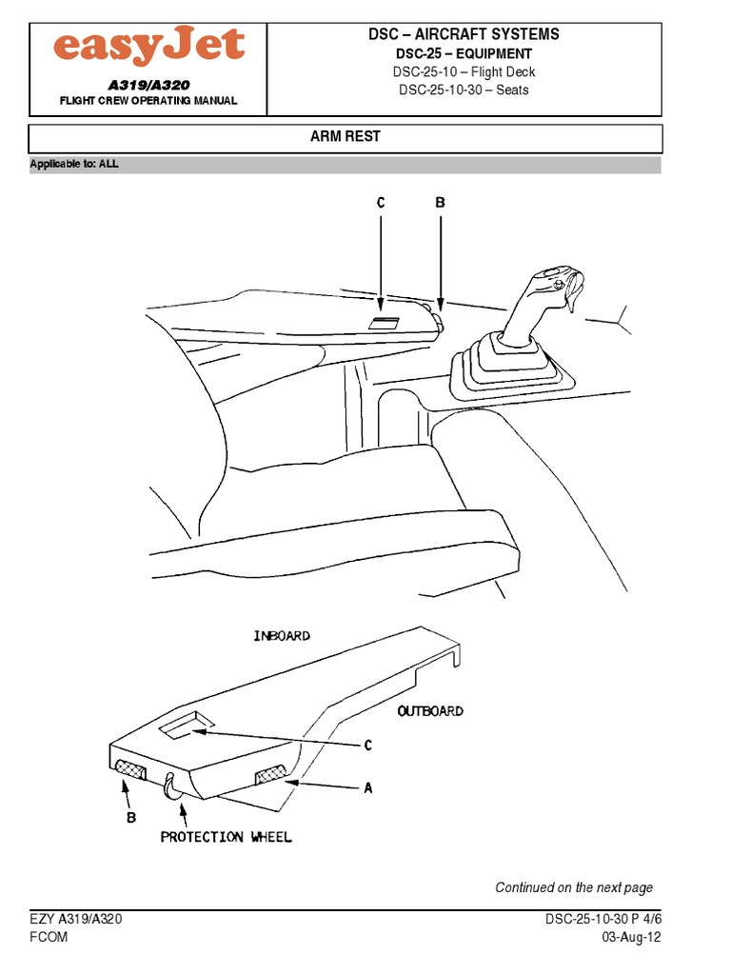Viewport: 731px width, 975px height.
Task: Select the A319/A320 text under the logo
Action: [x=148, y=86]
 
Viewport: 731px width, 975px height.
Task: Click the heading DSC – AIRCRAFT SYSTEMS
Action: [x=464, y=34]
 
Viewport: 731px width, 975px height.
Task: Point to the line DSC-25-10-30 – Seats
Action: [x=464, y=90]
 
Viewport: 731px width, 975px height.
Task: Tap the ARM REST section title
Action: [x=346, y=136]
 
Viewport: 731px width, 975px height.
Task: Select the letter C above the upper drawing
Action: [x=381, y=203]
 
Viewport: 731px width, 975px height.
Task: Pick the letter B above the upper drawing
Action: [x=440, y=203]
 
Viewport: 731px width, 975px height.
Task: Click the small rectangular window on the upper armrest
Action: [x=385, y=324]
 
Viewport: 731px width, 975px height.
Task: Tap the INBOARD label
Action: [x=282, y=635]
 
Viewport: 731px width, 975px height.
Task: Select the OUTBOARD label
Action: [x=430, y=710]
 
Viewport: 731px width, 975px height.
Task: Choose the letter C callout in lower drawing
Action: [x=367, y=746]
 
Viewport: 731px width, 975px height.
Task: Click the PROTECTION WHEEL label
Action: [x=226, y=837]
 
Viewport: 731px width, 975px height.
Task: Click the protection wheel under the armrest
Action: [x=171, y=786]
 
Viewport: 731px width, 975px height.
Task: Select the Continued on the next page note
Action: [x=574, y=887]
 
